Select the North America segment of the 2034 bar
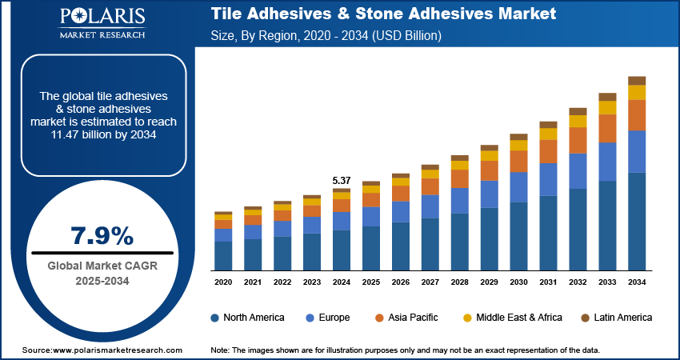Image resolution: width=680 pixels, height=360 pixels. (637, 221)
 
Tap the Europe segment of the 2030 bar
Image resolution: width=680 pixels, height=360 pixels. (518, 187)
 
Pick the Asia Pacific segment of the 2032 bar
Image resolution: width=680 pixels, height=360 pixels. (578, 140)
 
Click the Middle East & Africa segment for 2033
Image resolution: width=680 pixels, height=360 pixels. (607, 107)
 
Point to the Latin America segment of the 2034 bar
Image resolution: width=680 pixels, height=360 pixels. (637, 80)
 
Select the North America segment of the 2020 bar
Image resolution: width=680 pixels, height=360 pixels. (223, 255)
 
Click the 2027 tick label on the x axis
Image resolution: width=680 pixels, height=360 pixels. (430, 282)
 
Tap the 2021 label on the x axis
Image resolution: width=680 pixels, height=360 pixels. (253, 282)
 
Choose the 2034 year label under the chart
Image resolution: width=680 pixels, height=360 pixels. (637, 282)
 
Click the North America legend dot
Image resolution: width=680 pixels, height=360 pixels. (214, 318)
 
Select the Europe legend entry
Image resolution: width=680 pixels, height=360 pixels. (327, 318)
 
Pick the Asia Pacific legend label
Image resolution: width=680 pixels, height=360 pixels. (413, 318)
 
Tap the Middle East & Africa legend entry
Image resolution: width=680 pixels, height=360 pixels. (513, 318)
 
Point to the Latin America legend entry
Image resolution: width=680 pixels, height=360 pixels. (616, 318)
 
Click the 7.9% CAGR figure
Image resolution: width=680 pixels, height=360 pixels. (102, 235)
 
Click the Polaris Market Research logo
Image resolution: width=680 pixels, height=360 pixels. (102, 24)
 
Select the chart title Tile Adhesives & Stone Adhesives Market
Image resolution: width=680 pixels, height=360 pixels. (383, 15)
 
